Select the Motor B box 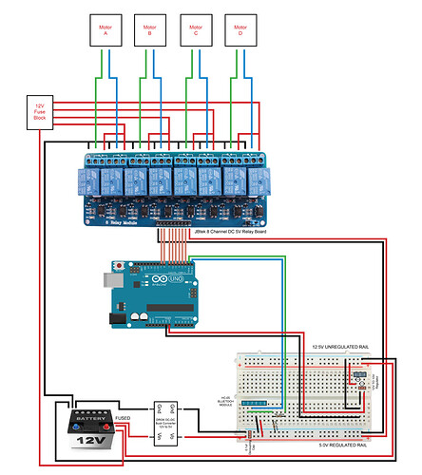[149, 29]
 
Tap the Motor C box [195, 29]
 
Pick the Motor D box [240, 29]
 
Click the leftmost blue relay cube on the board [89, 178]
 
